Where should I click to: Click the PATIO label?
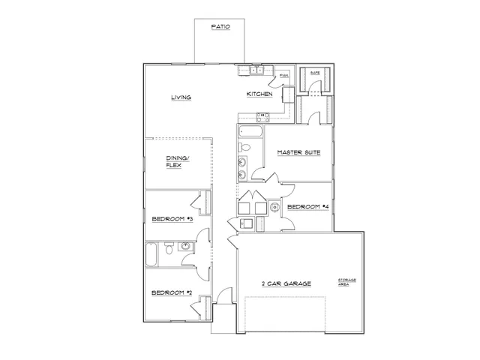219,27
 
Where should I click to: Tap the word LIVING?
180,97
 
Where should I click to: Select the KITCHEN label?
259,94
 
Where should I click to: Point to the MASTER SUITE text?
298,152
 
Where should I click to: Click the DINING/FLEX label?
178,161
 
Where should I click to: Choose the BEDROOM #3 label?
172,219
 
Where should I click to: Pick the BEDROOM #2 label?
172,292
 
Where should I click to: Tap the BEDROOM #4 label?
309,206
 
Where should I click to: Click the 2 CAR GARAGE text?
286,283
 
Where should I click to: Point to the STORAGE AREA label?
346,282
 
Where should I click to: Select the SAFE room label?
315,73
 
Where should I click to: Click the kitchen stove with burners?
263,116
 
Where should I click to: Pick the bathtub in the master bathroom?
250,134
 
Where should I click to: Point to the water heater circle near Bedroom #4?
275,207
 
